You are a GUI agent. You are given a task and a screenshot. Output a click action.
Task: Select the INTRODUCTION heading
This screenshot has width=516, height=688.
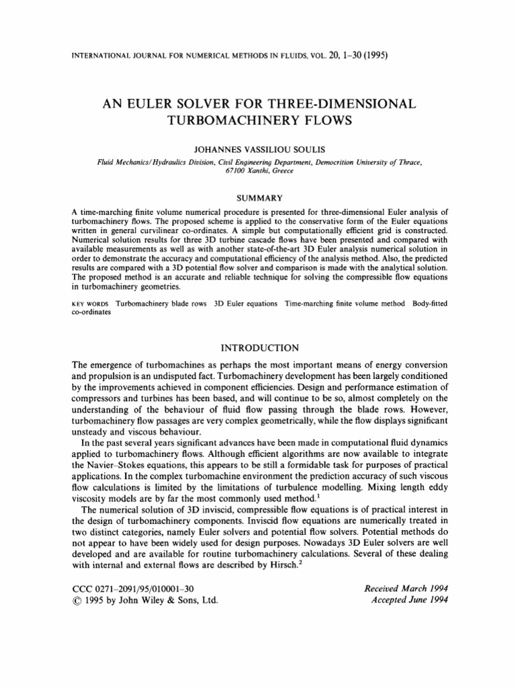[x=259, y=347]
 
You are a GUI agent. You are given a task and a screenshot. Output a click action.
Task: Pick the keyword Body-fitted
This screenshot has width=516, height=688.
[x=429, y=304]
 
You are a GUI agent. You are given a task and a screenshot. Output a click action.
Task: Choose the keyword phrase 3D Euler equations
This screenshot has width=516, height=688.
[x=246, y=304]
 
